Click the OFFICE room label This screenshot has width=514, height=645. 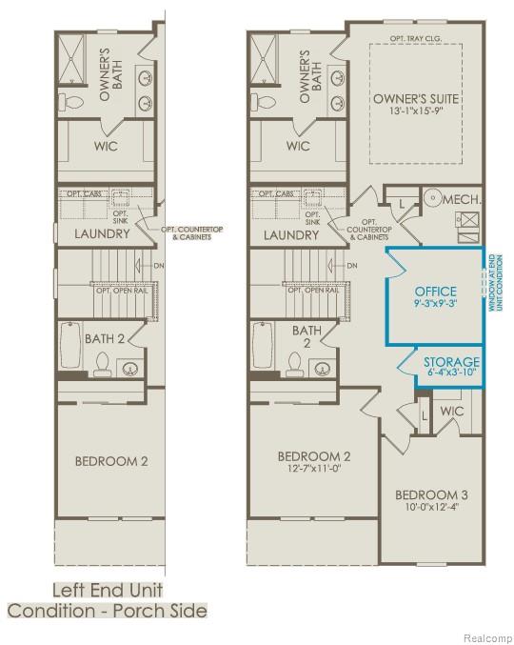coord(435,291)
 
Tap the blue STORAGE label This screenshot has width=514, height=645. coord(451,362)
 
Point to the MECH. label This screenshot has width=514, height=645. coord(464,200)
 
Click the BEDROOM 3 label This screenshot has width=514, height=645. coord(431,495)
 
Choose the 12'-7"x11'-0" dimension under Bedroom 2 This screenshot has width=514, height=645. coord(314,469)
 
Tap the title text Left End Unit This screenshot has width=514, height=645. coord(107,589)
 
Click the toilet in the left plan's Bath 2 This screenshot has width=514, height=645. coord(103,362)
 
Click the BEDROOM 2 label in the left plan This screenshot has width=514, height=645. coord(112,461)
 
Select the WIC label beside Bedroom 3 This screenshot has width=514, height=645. coord(451,410)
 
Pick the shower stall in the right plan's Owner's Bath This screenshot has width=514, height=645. coord(265,54)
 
